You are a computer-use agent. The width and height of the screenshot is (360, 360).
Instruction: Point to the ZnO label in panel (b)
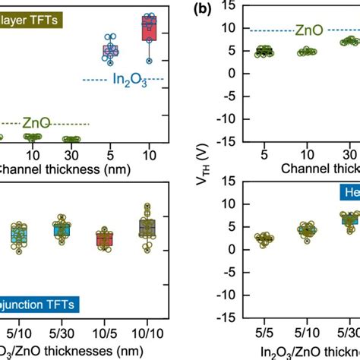coord(307,30)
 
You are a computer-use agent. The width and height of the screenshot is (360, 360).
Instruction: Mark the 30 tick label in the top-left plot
coord(71,153)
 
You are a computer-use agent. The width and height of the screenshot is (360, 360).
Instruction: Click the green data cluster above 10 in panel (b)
coord(307,52)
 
